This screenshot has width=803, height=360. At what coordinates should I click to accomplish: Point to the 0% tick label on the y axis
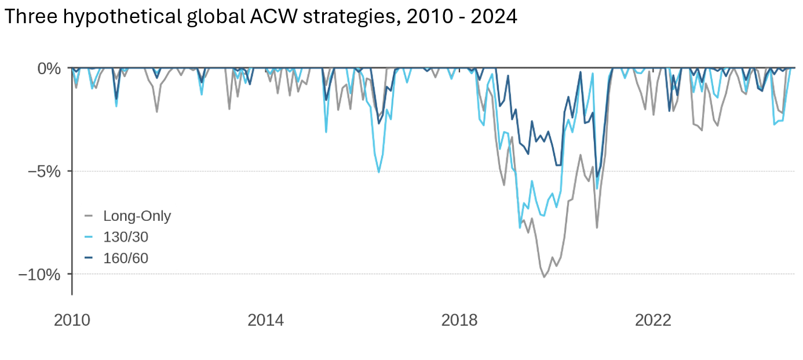(x=49, y=68)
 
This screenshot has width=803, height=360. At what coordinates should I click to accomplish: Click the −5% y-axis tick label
(x=44, y=172)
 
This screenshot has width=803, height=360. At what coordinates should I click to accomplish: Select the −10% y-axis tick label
(x=39, y=274)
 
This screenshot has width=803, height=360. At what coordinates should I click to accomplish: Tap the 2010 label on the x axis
(x=72, y=320)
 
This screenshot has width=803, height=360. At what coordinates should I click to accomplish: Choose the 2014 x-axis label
(x=265, y=320)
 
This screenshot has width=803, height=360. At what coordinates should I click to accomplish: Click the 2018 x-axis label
(x=460, y=320)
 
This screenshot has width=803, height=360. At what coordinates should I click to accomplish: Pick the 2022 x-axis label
(x=654, y=320)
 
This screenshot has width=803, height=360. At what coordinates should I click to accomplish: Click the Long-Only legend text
(x=137, y=216)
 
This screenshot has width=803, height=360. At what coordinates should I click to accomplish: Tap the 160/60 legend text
(x=126, y=258)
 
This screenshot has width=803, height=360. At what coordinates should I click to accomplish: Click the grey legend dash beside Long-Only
(x=89, y=216)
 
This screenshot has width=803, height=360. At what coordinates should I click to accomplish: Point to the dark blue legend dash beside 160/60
(x=89, y=258)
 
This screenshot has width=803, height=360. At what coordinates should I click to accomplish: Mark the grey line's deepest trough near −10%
(x=544, y=277)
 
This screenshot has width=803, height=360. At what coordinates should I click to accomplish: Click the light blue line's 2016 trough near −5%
(x=379, y=172)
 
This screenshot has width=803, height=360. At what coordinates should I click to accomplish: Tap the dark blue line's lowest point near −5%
(x=597, y=176)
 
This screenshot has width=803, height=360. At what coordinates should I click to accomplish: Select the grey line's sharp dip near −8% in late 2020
(x=597, y=227)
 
